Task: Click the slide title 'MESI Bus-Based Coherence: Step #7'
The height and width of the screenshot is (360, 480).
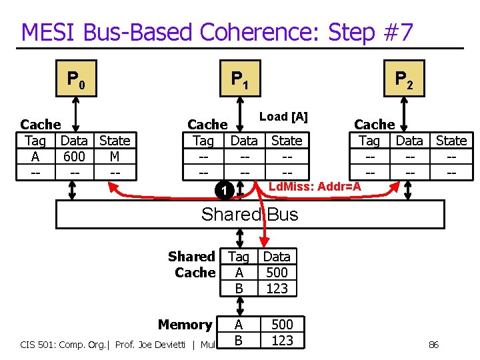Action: pos(217,31)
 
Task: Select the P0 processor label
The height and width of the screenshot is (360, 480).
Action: pos(75,81)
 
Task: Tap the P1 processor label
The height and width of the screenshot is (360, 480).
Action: pos(240,81)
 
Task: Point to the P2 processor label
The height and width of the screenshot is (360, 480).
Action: pos(404,81)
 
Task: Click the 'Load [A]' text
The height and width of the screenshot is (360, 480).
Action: pos(283,117)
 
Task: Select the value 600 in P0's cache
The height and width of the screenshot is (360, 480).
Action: pos(74,156)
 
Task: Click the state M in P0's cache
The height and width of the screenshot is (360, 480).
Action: pos(115,156)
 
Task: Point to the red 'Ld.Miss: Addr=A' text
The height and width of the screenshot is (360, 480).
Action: pos(314,187)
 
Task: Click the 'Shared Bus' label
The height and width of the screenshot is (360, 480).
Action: pos(249,214)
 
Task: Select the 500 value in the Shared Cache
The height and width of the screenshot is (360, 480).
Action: pos(277,272)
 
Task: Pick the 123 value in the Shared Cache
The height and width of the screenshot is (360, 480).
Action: pos(277,288)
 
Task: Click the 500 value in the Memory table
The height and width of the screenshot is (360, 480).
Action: pos(282,325)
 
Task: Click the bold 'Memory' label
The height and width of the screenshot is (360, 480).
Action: pos(185,325)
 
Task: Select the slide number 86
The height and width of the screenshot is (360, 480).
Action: pos(433,344)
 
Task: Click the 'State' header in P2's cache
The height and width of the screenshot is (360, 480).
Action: pos(451,141)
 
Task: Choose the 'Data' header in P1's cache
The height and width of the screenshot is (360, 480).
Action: pos(244,141)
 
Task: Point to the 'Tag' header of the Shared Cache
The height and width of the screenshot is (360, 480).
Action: pos(239,257)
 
